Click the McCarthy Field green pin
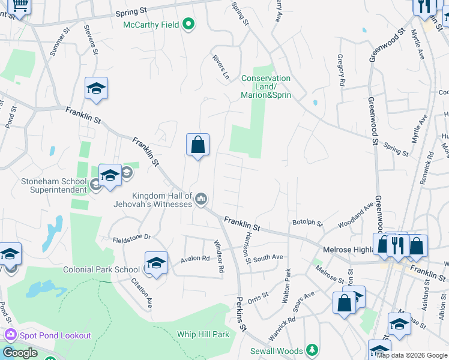(189, 25)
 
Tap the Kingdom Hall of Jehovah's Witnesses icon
(201, 199)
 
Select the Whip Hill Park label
(203, 334)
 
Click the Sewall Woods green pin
(311, 349)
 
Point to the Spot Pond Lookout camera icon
(10, 335)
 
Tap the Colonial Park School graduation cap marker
(156, 263)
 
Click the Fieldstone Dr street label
(130, 238)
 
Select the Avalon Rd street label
(195, 259)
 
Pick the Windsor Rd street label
(218, 257)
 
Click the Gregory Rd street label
(340, 64)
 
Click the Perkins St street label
(241, 315)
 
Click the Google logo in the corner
(20, 353)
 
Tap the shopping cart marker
(20, 6)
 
